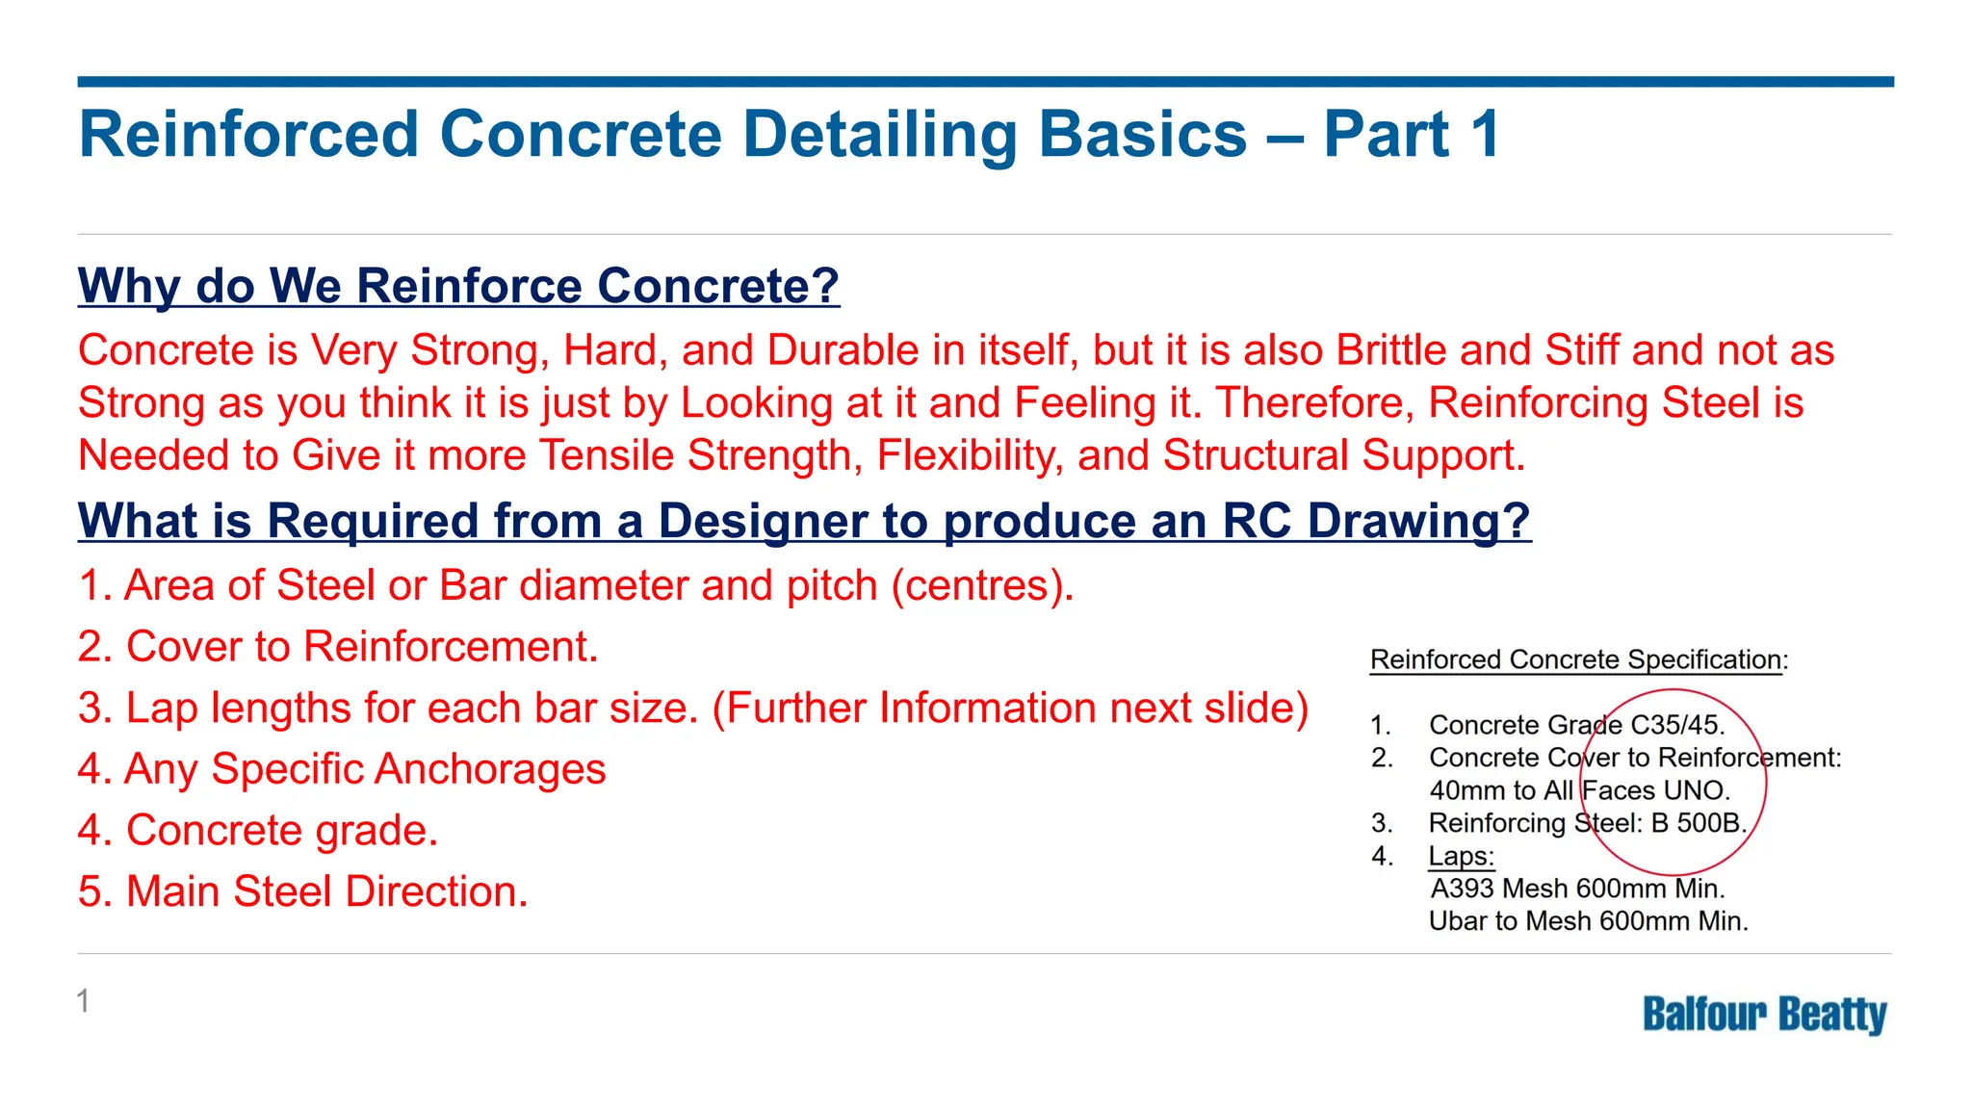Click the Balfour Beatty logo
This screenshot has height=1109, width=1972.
tap(1764, 1015)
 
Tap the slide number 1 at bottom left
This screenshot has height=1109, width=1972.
tap(84, 1001)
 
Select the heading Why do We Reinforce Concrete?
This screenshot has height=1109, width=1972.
tap(458, 286)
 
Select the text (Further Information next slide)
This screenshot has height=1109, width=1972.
tap(1010, 708)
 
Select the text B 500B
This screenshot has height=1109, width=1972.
tap(1698, 823)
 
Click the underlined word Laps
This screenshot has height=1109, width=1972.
tap(1460, 856)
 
